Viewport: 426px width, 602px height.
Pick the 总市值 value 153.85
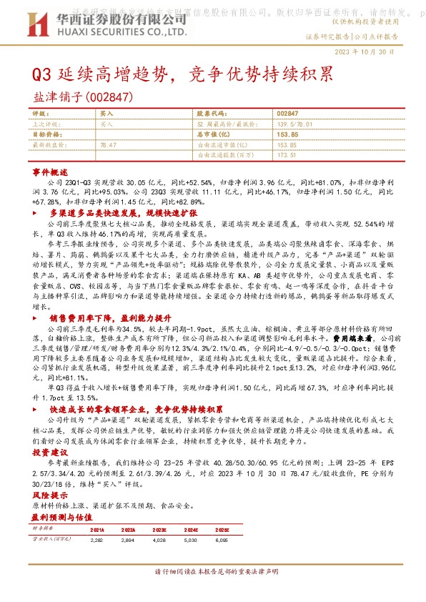(286, 134)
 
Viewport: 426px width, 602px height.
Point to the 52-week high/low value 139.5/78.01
(295, 124)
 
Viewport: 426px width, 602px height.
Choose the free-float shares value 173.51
(286, 154)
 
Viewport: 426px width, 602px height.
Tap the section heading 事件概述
(49, 174)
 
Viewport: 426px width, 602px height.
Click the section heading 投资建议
(49, 453)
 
